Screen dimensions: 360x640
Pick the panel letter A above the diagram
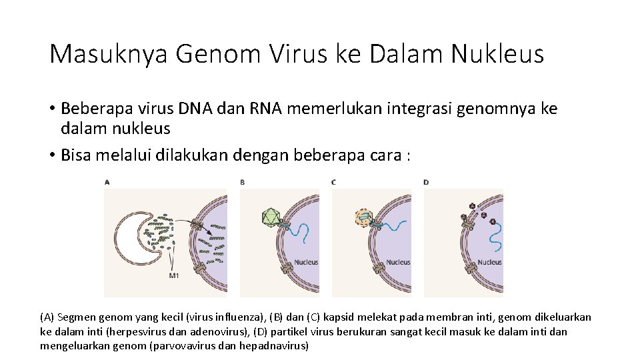108,181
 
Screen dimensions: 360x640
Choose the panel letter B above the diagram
243,181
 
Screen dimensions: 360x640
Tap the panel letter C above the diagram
333,181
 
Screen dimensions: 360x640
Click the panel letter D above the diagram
426,181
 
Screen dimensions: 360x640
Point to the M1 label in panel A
174,275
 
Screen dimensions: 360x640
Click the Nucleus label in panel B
306,262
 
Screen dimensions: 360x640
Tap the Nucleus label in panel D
489,262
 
